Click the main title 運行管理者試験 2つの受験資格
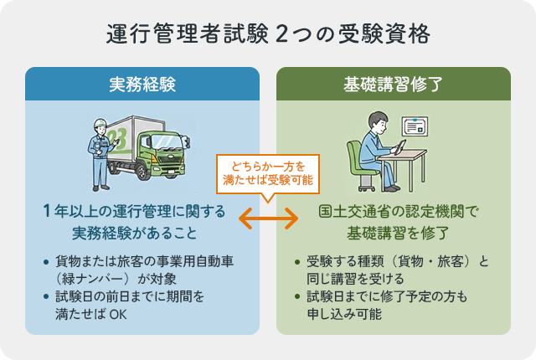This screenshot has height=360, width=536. pyautogui.click(x=268, y=34)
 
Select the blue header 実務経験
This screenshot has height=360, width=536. pyautogui.click(x=142, y=85)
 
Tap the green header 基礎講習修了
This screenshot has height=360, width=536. pyautogui.click(x=393, y=85)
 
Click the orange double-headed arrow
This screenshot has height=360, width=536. pyautogui.click(x=268, y=219)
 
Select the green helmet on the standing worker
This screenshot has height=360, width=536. pyautogui.click(x=100, y=123)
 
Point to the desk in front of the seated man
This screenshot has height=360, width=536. pyautogui.click(x=419, y=167)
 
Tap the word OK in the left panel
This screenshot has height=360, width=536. pyautogui.click(x=116, y=315)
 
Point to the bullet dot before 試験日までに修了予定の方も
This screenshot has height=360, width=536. pyautogui.click(x=297, y=297)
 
